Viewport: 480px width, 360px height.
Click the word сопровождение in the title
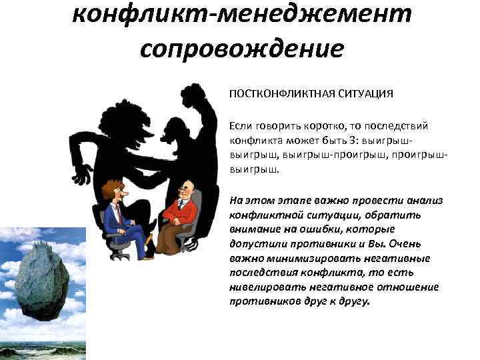[x=242, y=48]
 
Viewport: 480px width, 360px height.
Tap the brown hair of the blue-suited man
[x=107, y=187]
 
